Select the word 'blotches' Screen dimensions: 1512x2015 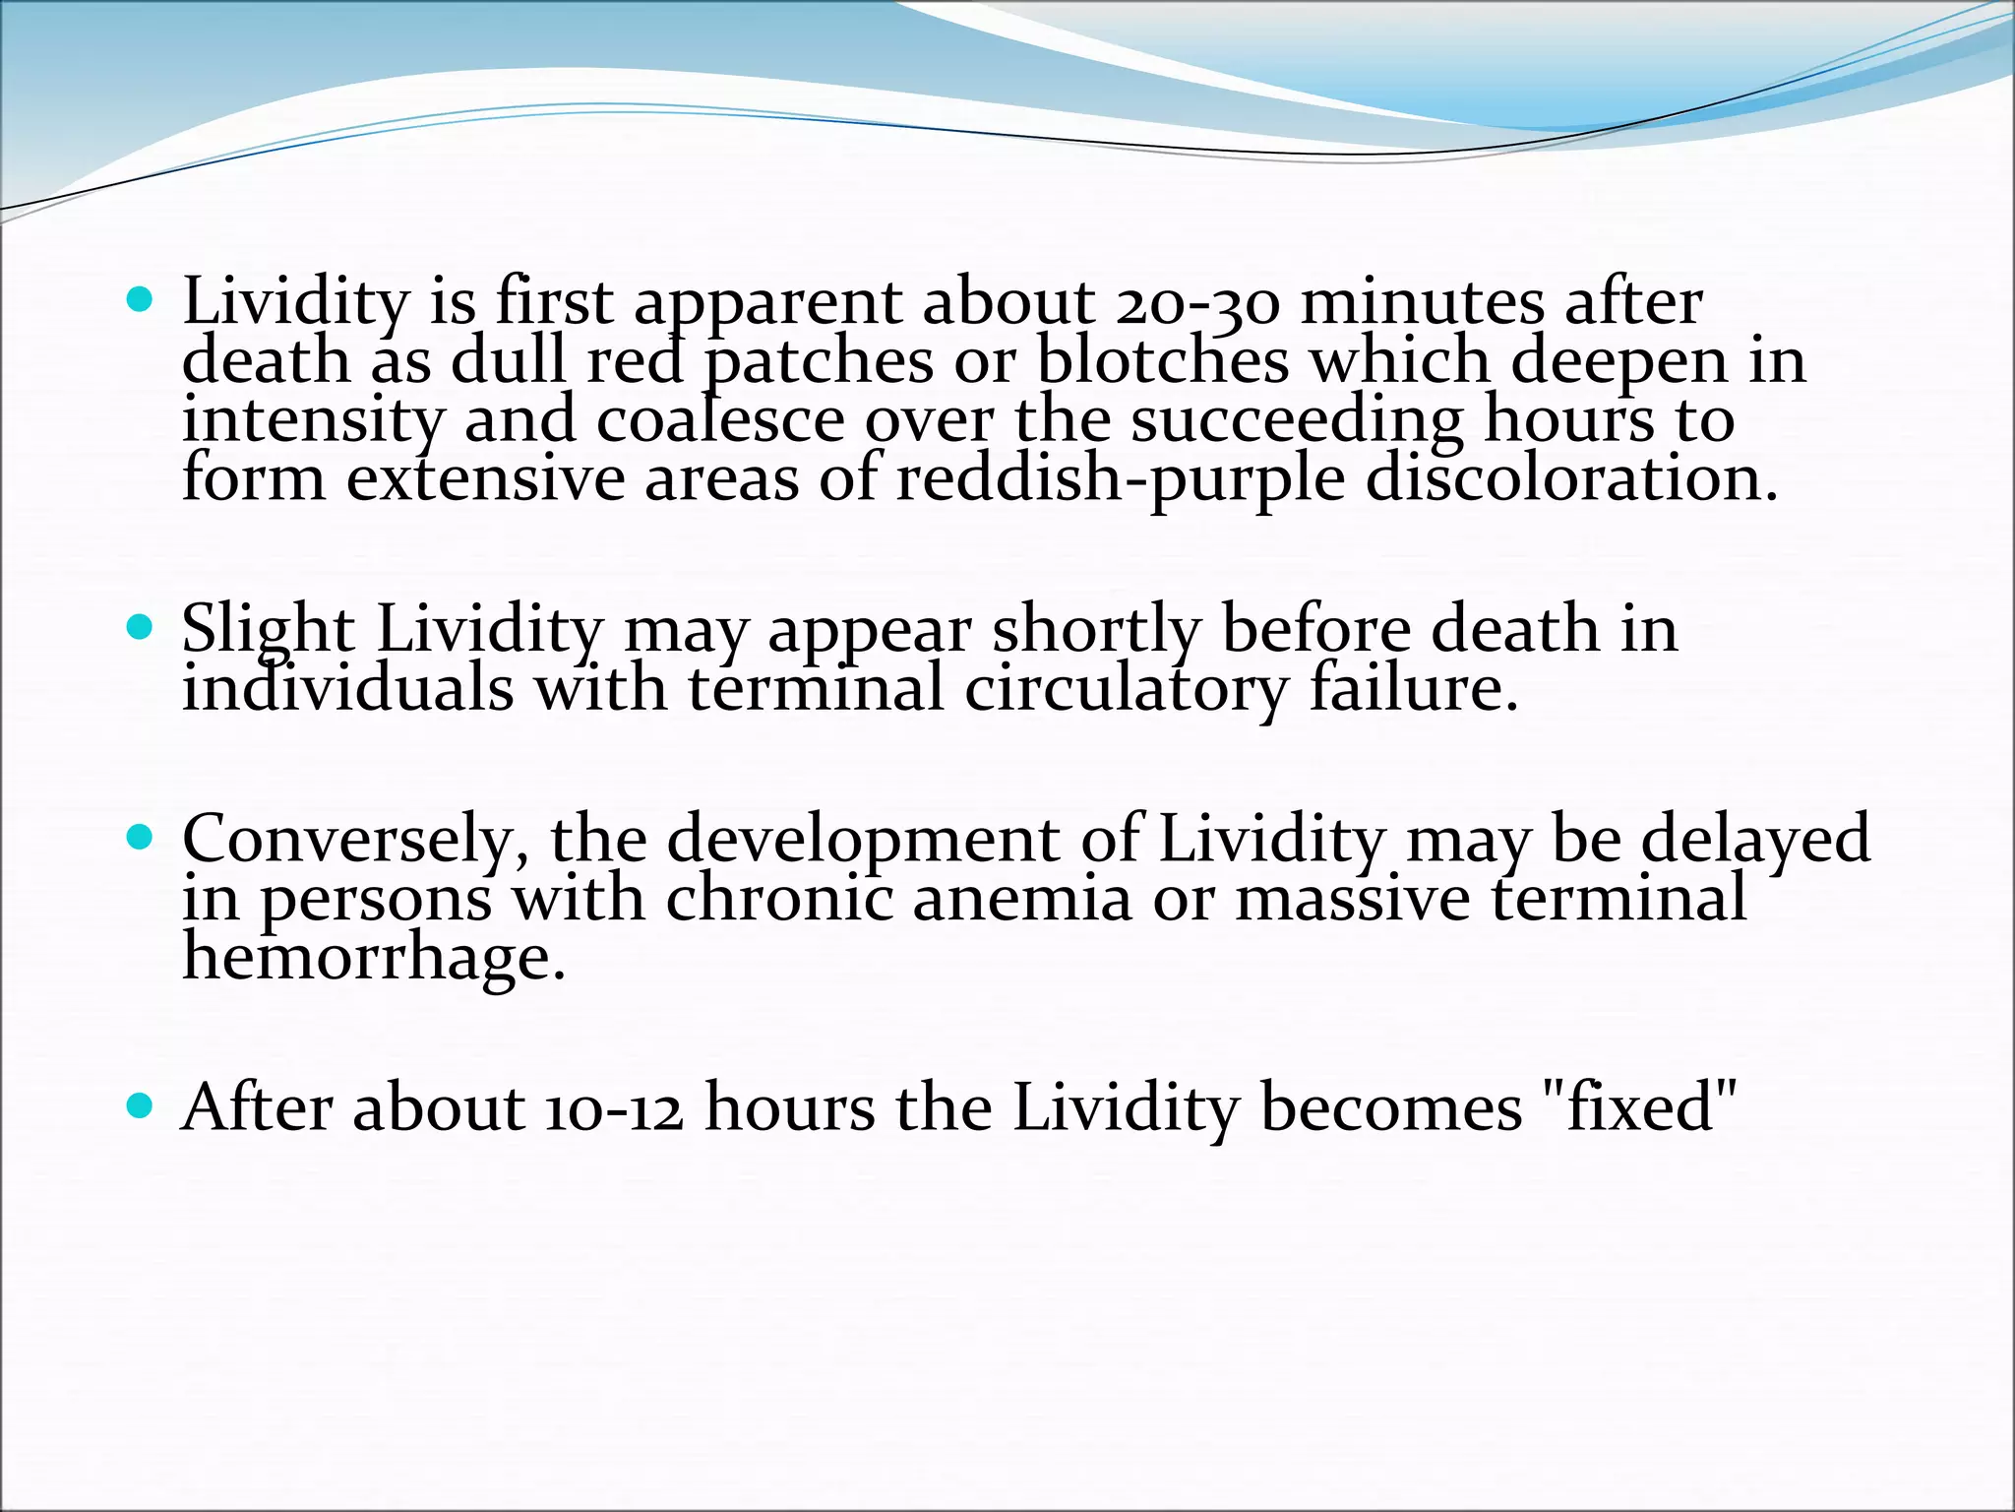click(x=1162, y=361)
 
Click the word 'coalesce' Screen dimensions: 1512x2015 click(x=720, y=420)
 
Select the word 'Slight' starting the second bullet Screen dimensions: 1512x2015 click(x=268, y=631)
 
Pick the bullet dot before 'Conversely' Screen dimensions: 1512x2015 click(x=142, y=839)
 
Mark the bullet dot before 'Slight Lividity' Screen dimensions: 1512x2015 click(x=142, y=627)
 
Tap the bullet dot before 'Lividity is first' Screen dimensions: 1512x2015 click(x=142, y=299)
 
